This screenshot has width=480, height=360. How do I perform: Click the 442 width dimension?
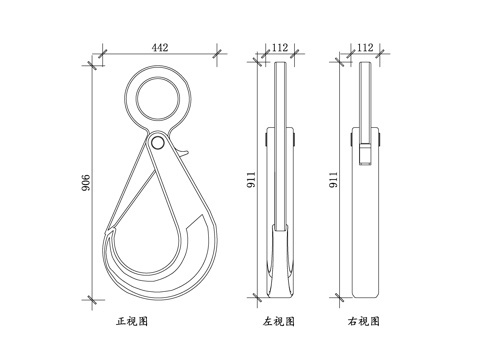(x=160, y=47)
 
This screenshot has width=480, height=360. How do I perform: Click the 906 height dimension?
(x=85, y=182)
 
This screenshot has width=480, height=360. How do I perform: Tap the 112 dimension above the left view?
(x=280, y=47)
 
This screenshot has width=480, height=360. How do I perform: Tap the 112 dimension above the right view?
(x=365, y=47)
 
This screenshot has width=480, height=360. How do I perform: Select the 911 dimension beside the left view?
(x=251, y=180)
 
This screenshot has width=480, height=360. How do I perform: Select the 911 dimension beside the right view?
(x=334, y=180)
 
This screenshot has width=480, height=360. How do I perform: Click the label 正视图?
(x=132, y=321)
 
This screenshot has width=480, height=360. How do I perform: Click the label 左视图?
(x=279, y=321)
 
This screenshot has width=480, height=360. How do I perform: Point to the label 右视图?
(x=364, y=321)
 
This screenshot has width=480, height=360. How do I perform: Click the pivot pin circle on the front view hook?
(x=157, y=143)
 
